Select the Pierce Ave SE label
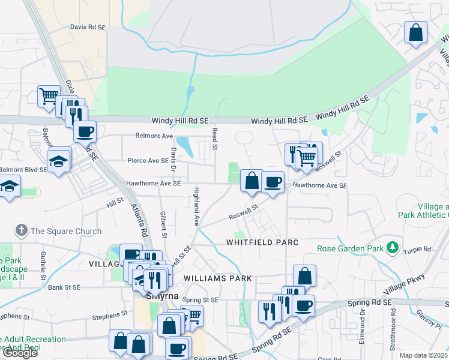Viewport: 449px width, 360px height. pos(148,161)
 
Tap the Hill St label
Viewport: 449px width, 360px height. pos(115,204)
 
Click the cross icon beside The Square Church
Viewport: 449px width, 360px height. pos(21,230)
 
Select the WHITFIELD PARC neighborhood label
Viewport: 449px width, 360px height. pos(262,242)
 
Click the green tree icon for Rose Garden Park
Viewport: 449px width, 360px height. pos(393,247)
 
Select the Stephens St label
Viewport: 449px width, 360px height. pos(110,313)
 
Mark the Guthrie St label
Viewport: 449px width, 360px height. pos(43,266)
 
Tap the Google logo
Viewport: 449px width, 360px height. pos(20,353)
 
